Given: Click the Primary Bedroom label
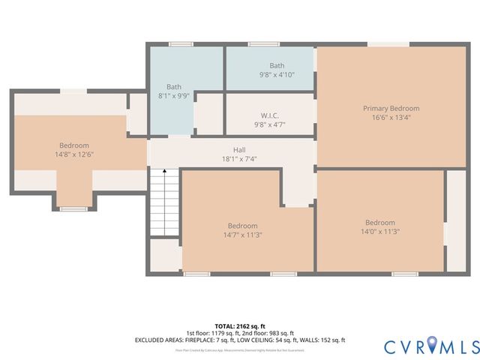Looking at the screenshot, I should [x=391, y=108].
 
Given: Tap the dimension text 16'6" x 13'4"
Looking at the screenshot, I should [x=391, y=117].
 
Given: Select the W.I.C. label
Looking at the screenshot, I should [x=270, y=115].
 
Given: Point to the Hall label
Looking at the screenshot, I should [x=239, y=150].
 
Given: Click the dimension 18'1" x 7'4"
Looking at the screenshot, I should [x=239, y=159].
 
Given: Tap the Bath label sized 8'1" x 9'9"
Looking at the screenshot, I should [x=174, y=87].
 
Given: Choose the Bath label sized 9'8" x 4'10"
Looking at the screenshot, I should [x=277, y=66].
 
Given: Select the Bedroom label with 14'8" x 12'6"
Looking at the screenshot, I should [x=74, y=145].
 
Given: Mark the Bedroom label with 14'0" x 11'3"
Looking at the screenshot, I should [x=379, y=223].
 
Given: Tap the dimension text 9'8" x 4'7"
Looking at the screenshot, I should [x=270, y=124].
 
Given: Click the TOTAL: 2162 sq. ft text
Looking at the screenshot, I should [x=239, y=326].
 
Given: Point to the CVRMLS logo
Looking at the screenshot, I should [x=431, y=346].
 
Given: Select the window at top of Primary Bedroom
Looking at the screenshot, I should [x=388, y=45].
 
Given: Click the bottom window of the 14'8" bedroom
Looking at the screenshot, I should [x=73, y=208].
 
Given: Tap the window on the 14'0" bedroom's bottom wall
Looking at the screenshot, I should [x=405, y=274].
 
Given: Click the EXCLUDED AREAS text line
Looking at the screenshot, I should [x=239, y=340].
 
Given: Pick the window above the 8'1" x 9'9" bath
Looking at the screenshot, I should [x=181, y=44].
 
